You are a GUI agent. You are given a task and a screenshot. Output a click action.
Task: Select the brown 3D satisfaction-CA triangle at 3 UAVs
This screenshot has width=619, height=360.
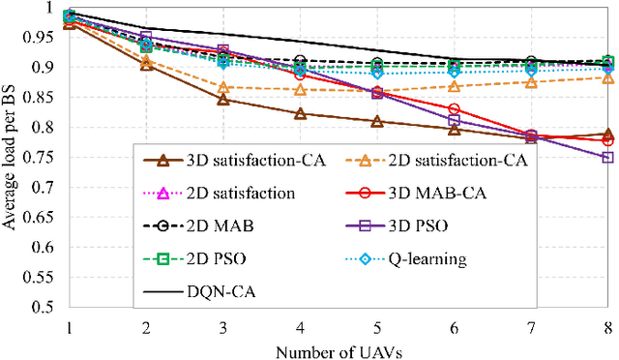[x=222, y=100]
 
